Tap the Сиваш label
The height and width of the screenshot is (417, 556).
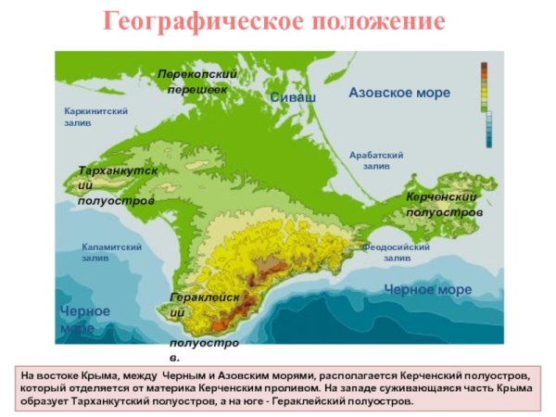tap(293, 97)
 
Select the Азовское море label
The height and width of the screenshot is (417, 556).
tap(399, 93)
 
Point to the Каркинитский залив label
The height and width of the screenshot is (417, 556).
tap(95, 117)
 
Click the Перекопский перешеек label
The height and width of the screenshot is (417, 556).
tap(197, 81)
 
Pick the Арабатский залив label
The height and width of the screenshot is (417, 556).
tap(377, 160)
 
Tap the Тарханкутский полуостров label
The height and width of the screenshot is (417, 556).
tap(117, 185)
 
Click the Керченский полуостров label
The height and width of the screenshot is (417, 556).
tap(444, 205)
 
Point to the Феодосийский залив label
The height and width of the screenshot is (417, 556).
tap(397, 252)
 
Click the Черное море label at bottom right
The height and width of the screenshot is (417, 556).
tap(427, 290)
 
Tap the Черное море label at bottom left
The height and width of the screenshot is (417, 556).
tap(84, 319)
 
